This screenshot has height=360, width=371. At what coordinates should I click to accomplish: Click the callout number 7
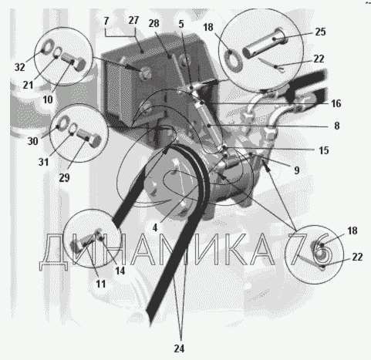click(x=106, y=21)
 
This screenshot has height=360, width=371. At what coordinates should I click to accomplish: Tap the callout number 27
click(x=133, y=20)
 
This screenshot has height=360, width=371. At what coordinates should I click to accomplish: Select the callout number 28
click(x=153, y=23)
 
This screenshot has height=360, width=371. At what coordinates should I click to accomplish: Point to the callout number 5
click(x=181, y=24)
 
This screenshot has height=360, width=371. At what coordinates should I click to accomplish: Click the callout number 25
click(x=320, y=32)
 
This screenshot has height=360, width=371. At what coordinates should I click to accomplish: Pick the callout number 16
click(x=336, y=103)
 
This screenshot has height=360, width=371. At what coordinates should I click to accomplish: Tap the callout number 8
click(x=337, y=126)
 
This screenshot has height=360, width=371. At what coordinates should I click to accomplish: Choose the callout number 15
click(x=324, y=150)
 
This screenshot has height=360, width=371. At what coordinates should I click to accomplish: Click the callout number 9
click(x=297, y=170)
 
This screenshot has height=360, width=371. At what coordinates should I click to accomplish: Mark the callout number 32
click(x=20, y=67)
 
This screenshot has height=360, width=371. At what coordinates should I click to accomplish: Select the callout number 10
click(x=48, y=99)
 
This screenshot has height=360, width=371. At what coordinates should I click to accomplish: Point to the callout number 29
click(x=64, y=177)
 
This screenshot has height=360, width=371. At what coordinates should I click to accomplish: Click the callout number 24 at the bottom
click(x=179, y=348)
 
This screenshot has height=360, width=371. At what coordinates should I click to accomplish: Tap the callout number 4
click(x=155, y=227)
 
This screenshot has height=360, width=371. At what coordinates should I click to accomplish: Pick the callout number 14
click(x=120, y=271)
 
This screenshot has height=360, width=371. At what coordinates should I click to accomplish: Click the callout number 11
click(x=101, y=284)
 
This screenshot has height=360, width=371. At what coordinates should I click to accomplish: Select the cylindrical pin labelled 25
click(x=265, y=44)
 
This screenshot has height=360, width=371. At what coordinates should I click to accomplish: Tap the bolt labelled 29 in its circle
click(x=89, y=137)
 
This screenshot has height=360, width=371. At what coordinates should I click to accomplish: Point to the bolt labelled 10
click(x=73, y=61)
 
